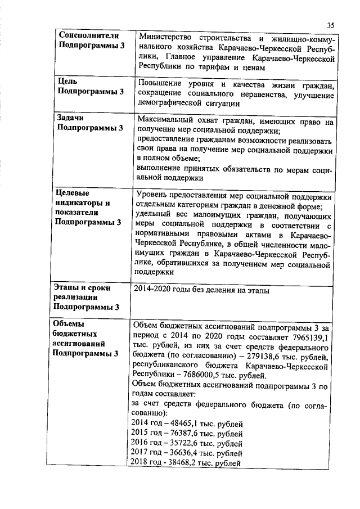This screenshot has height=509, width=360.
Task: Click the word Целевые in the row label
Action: [71, 193]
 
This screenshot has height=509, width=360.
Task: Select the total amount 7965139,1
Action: [309, 336]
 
